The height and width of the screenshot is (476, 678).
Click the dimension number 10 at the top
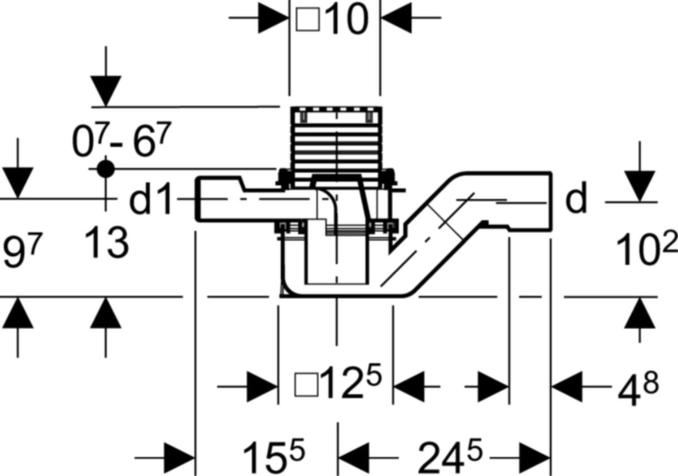(x=348, y=19)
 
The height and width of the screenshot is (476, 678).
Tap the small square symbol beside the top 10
(x=308, y=19)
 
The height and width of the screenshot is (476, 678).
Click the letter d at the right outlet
(x=576, y=198)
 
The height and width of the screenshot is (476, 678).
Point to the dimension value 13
(x=107, y=243)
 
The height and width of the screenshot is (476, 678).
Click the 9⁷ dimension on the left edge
(x=21, y=250)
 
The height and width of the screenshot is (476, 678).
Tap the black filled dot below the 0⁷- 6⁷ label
(x=106, y=169)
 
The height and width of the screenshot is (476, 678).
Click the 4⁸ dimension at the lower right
(x=638, y=388)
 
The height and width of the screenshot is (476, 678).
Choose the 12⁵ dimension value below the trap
(x=351, y=382)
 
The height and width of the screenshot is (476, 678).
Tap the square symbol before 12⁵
(x=306, y=385)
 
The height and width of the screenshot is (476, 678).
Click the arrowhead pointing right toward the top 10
(x=273, y=18)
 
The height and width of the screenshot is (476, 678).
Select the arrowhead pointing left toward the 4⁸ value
(x=567, y=387)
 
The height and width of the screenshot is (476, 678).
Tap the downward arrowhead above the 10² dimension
(x=640, y=186)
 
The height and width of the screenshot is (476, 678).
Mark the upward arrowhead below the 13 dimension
(x=106, y=313)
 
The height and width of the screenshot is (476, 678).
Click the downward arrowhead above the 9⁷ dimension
(x=18, y=183)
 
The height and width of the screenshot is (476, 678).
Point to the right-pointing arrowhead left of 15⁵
(x=180, y=458)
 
